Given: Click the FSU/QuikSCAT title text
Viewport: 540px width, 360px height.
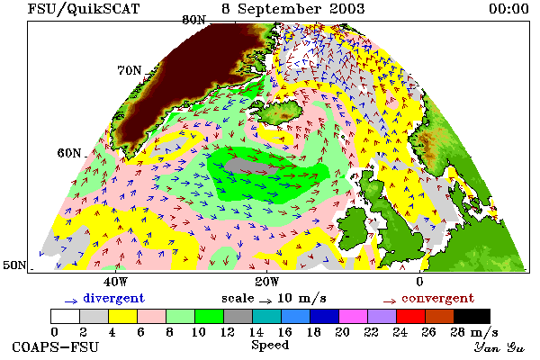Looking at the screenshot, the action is point(84,9).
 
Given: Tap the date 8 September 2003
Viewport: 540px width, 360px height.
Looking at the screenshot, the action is point(293,9).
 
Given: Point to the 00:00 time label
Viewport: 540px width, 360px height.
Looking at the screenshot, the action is point(509,9).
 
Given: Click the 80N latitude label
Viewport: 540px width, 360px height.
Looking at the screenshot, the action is point(194,20).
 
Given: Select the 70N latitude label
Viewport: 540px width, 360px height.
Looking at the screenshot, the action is point(130,70).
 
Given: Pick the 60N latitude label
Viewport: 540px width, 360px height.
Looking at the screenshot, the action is point(69,153).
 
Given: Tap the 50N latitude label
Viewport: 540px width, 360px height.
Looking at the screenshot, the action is point(14,265).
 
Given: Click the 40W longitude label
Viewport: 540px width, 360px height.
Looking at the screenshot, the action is point(115,282).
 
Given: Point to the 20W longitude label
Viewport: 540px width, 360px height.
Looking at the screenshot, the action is point(267,282).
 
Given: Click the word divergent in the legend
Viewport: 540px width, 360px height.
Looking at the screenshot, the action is point(113,299).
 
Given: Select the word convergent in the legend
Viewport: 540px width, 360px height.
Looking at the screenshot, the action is point(437,298).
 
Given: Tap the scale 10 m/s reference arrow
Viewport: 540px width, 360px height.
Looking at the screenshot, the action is point(265,301).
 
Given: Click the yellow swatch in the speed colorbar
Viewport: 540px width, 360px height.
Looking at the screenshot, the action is point(122,316).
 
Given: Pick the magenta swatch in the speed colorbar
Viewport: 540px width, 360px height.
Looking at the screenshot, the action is point(353,316).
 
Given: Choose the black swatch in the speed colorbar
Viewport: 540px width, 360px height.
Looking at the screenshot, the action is point(472,316).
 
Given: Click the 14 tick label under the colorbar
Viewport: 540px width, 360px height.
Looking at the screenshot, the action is point(256,332).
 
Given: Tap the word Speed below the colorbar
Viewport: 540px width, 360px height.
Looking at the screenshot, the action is point(270,346).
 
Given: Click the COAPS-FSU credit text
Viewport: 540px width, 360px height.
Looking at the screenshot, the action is point(56,346).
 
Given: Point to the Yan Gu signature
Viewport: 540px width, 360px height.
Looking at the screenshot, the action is point(499,347).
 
